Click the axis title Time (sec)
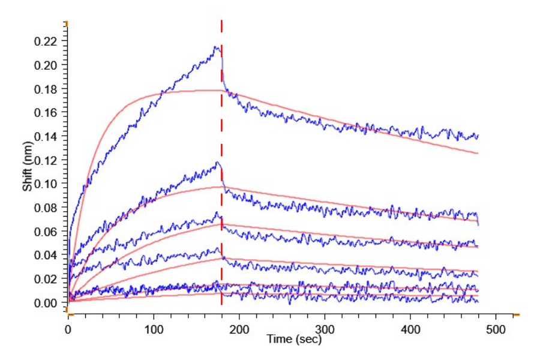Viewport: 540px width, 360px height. pyautogui.click(x=294, y=340)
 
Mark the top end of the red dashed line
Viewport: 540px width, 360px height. pyautogui.click(x=221, y=21)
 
